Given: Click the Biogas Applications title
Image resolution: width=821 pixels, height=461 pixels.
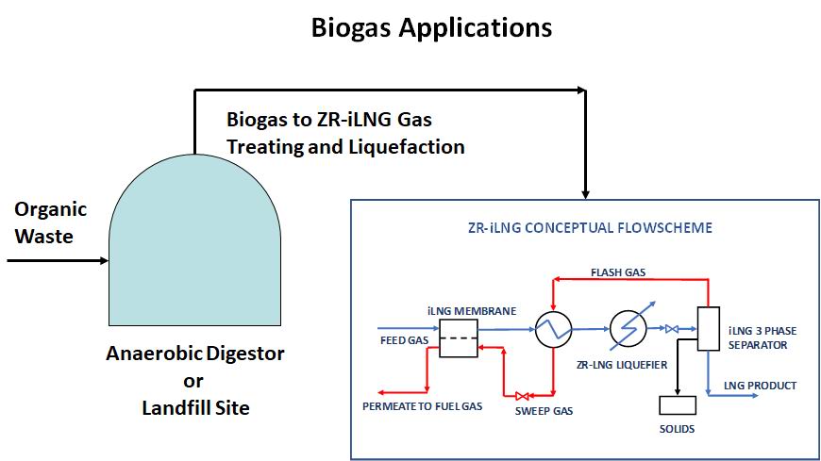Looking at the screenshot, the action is (x=431, y=27).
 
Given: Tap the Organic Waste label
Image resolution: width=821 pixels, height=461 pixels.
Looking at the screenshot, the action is (x=50, y=222).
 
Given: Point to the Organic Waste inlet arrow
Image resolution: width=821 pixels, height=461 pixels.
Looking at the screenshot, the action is (x=58, y=260).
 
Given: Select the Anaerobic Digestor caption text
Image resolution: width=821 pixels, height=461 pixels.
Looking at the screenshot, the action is (x=195, y=354).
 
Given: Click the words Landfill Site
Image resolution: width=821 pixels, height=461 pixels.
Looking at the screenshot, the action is (x=195, y=407).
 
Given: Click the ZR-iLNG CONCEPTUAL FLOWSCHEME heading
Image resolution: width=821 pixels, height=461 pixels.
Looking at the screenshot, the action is (x=590, y=228).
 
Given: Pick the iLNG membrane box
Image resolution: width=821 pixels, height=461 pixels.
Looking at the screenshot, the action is (x=458, y=338).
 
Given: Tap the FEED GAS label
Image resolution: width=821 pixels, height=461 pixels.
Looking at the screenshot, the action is (x=404, y=340).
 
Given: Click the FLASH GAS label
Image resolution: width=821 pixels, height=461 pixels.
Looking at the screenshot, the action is (x=618, y=272).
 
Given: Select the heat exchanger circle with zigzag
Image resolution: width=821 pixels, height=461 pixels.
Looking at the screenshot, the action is (x=553, y=330).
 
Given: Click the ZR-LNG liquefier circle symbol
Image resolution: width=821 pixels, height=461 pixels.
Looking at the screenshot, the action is (x=628, y=330).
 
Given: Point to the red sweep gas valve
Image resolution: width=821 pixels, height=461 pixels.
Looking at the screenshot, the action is (x=522, y=396).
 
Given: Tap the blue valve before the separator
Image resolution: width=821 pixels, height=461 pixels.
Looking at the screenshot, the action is (x=672, y=329).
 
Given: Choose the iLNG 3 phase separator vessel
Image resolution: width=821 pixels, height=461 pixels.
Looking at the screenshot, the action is (x=709, y=329).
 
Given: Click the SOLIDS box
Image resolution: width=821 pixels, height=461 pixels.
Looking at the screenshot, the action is (x=678, y=405).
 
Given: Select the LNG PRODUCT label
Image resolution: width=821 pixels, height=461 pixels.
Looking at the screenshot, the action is (x=760, y=386).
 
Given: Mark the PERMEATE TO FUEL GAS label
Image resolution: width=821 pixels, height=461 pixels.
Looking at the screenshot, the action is (x=422, y=406).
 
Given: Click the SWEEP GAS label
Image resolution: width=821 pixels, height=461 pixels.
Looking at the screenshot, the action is (x=544, y=411).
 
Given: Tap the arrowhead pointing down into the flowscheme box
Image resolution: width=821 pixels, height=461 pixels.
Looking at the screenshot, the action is (x=585, y=194).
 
